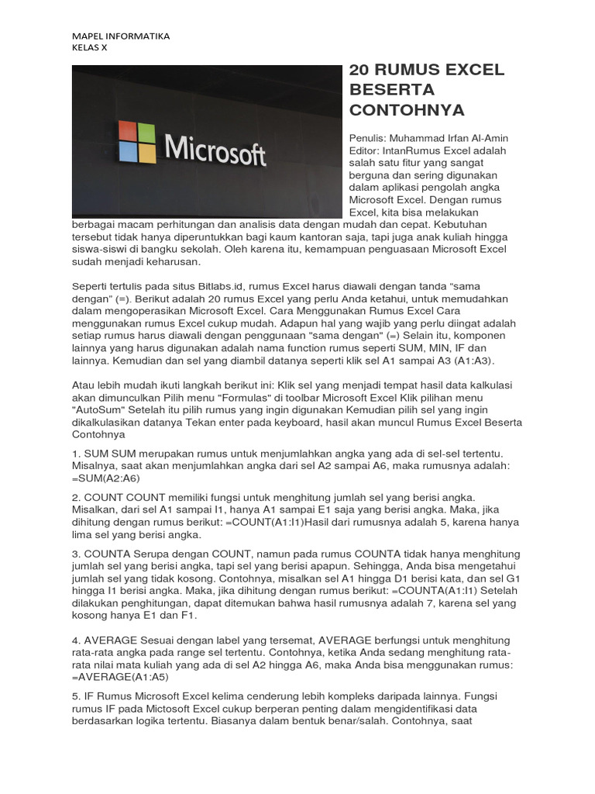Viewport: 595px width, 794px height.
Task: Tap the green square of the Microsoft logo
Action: (x=146, y=131)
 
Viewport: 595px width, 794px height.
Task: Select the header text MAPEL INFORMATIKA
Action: (x=120, y=36)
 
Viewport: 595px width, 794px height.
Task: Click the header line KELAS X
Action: (x=90, y=47)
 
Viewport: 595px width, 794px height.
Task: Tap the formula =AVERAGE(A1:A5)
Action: (x=120, y=676)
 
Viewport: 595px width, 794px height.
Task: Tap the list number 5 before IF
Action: (x=76, y=696)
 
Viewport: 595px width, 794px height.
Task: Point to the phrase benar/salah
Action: (x=355, y=721)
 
